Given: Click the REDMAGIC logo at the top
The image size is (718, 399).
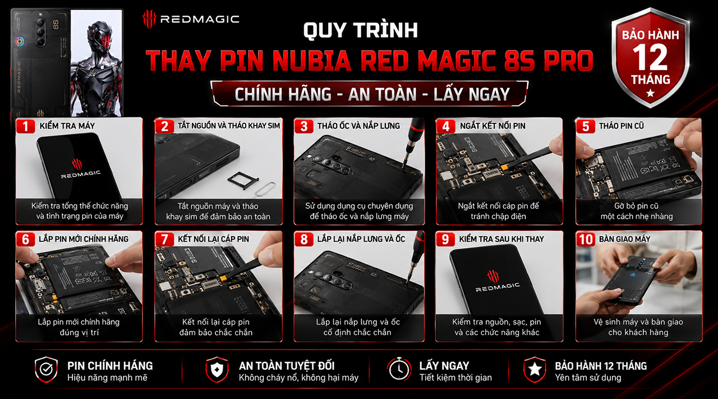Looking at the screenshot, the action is click(191, 19).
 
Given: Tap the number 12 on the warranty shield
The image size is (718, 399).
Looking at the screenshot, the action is click(650, 57).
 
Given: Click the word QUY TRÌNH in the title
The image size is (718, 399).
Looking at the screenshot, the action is click(361, 30).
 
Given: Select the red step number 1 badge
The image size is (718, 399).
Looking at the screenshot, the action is click(25, 126).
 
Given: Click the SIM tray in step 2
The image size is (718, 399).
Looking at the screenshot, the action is click(239, 181).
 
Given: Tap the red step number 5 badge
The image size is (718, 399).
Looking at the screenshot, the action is click(585, 126).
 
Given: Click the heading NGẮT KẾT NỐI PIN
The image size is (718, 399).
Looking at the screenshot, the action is click(493, 126).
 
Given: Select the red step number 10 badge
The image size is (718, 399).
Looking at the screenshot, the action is click(586, 239).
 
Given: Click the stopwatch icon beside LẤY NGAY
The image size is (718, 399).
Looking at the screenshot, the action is click(399, 369).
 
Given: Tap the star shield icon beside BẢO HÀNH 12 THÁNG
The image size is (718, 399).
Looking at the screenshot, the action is click(535, 369).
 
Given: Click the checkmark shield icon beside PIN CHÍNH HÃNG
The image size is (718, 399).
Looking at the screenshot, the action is click(46, 369).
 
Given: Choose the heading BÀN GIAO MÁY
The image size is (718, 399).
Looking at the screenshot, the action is click(624, 239).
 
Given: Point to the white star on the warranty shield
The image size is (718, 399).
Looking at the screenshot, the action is click(650, 93).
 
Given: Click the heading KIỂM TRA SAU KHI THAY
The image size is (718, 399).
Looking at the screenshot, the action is click(501, 239).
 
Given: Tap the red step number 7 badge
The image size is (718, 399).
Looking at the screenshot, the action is click(164, 239).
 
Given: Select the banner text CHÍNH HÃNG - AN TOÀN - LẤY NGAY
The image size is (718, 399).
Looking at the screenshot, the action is click(372, 94).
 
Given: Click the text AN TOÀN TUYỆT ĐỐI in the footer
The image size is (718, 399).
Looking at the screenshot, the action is click(287, 366).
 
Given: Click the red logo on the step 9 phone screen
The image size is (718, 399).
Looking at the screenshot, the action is click(493, 277).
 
